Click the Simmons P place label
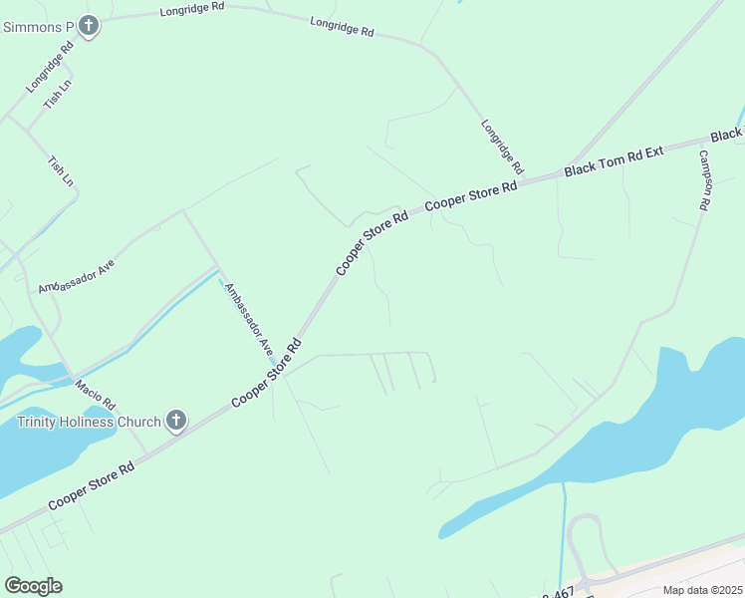tap(38, 26)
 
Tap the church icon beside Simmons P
tap(89, 26)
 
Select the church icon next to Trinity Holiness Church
tap(176, 421)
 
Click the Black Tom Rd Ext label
tap(614, 160)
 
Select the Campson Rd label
tap(703, 179)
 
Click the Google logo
tap(33, 586)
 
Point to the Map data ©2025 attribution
tap(702, 590)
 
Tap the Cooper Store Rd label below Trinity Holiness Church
tap(92, 485)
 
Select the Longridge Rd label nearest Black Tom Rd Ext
tap(502, 147)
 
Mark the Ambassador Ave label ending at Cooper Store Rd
tap(248, 320)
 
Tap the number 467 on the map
tap(563, 592)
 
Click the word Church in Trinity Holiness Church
tap(140, 421)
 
